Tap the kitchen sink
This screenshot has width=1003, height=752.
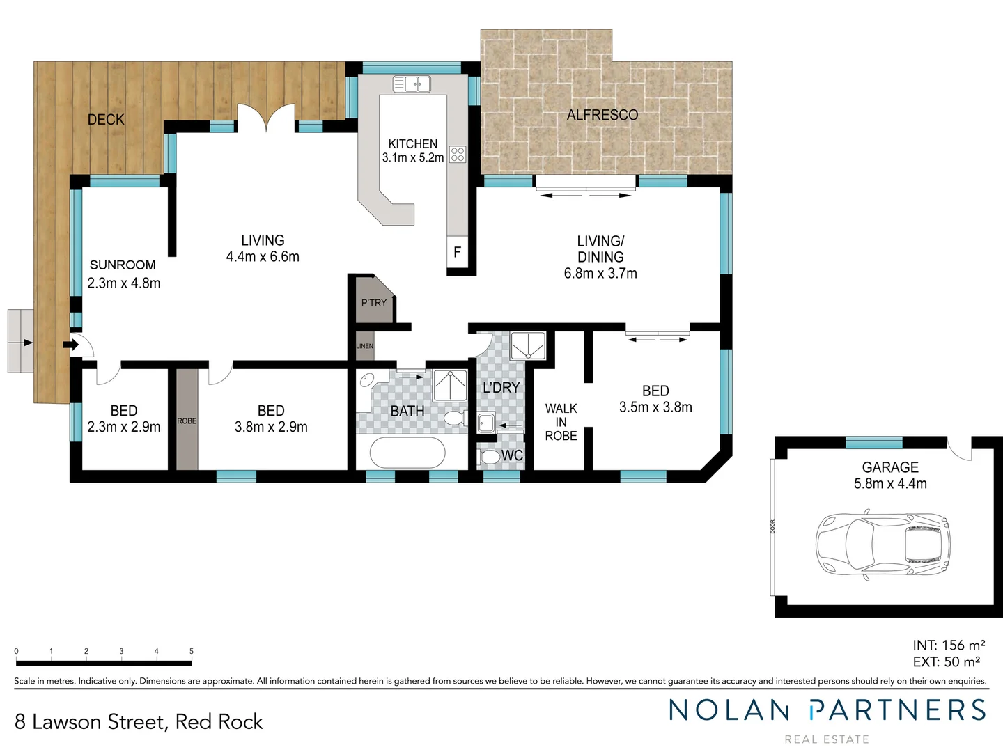tap(411, 84)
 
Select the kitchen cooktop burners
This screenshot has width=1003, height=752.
tap(458, 154)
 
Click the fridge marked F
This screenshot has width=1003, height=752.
tap(457, 252)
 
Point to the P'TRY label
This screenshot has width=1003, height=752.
tap(373, 303)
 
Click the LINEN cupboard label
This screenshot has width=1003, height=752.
tap(365, 346)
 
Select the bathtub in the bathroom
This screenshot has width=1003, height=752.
tap(407, 453)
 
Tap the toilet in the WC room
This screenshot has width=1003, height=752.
tap(490, 457)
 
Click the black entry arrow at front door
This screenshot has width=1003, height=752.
tap(70, 344)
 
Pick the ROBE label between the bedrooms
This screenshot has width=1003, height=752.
tap(187, 421)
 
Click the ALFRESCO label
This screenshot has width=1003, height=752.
tap(602, 115)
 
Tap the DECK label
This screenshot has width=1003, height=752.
tap(106, 120)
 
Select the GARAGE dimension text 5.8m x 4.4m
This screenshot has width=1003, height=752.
tap(890, 484)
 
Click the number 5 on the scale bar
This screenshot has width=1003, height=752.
tap(192, 652)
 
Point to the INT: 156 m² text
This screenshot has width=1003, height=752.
tap(949, 645)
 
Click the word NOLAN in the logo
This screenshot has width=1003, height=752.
tap(729, 710)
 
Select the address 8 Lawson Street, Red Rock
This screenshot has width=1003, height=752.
tap(139, 722)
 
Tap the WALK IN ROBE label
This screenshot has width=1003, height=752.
tap(561, 422)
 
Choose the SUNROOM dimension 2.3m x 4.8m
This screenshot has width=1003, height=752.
tap(124, 283)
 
